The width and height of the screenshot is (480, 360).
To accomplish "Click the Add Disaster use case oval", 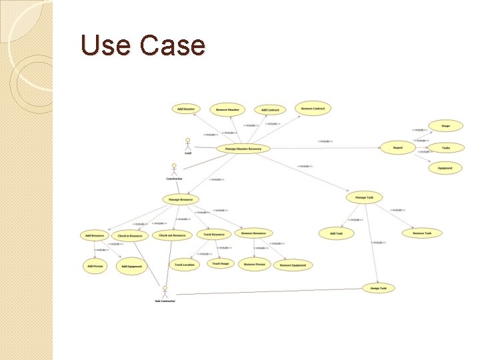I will (x=185, y=109).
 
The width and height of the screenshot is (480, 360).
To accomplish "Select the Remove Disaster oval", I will (x=227, y=109).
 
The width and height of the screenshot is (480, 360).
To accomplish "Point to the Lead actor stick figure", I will (x=188, y=143).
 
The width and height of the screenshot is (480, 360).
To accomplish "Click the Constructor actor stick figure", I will (x=174, y=169).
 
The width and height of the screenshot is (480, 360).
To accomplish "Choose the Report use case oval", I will (x=397, y=148).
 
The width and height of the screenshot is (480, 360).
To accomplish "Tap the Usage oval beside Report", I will (x=445, y=125).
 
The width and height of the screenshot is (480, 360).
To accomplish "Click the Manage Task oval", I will (x=365, y=197).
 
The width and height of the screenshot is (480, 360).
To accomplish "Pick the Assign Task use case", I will (x=378, y=288).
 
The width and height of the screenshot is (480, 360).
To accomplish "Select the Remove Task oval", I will (x=422, y=233).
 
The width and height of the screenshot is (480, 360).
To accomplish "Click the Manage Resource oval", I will (x=181, y=199).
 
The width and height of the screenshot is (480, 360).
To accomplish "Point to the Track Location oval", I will (x=185, y=265).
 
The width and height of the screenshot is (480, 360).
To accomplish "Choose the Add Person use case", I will (x=95, y=266).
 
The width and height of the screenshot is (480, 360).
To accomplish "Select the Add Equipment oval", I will (x=131, y=266).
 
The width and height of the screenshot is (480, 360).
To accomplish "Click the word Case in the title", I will (x=173, y=45).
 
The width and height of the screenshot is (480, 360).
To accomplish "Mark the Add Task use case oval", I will (x=335, y=233).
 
